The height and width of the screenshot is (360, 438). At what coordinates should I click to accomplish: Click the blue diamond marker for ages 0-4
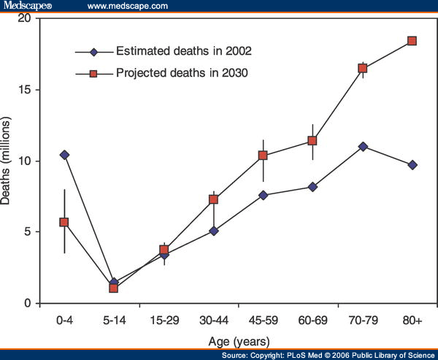[x=64, y=155]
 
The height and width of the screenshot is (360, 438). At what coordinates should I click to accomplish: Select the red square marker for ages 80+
[x=412, y=41]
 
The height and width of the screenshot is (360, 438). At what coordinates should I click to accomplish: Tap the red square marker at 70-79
[x=362, y=69]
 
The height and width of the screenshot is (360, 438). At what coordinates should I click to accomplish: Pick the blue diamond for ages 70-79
[x=362, y=146]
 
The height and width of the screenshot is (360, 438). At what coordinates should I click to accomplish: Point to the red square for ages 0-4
[x=64, y=222]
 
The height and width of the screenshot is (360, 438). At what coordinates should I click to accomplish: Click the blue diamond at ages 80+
[x=412, y=165]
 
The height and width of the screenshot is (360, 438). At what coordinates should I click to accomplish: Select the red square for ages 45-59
[x=263, y=156]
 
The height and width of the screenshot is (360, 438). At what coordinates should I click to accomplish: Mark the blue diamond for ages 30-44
[x=213, y=231]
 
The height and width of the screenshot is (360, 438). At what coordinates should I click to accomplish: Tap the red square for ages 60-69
[x=312, y=141]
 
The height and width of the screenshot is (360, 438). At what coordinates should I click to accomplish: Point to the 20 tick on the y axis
[x=31, y=18]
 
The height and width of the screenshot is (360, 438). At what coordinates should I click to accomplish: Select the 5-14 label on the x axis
[x=114, y=320]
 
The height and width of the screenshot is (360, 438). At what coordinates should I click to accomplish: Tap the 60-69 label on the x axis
[x=312, y=320]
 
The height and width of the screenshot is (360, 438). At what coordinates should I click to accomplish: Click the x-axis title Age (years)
[x=237, y=340]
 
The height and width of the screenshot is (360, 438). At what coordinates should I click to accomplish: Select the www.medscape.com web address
[x=127, y=7]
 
